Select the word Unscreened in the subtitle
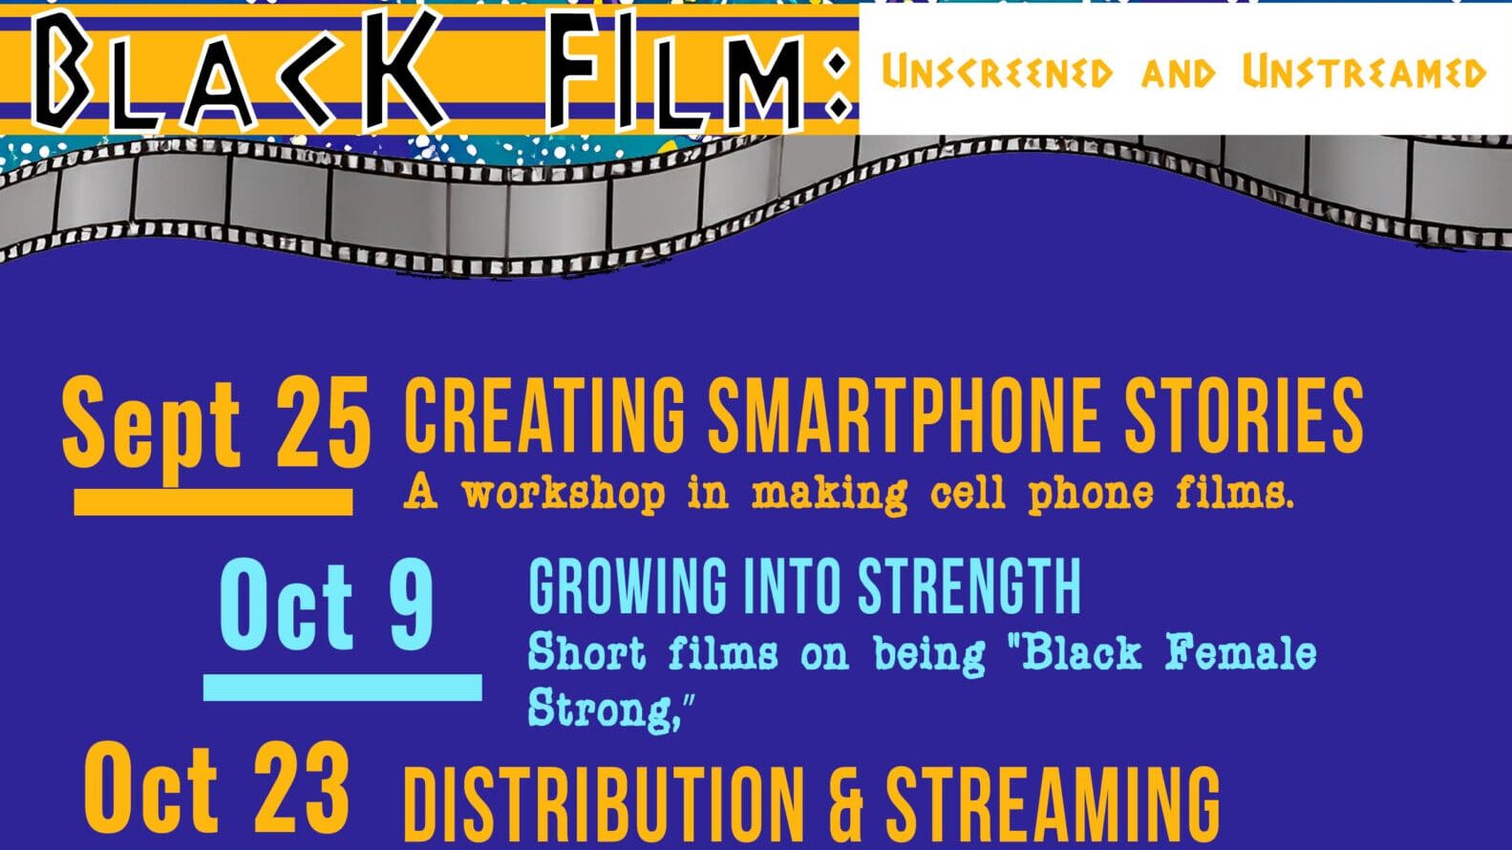pyautogui.click(x=996, y=74)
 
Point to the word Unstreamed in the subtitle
pyautogui.click(x=1364, y=74)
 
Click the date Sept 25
pyautogui.click(x=216, y=423)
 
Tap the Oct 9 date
pyautogui.click(x=327, y=605)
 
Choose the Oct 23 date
pyautogui.click(x=217, y=791)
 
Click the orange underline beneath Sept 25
pyautogui.click(x=213, y=502)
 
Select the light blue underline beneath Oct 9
pyautogui.click(x=342, y=687)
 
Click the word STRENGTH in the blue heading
pyautogui.click(x=969, y=586)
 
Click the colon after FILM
pyautogui.click(x=837, y=86)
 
